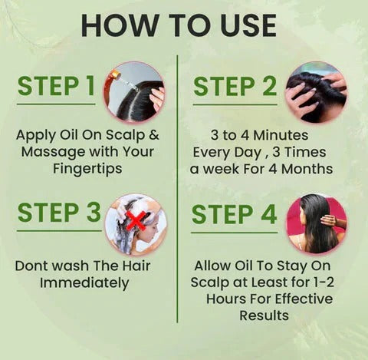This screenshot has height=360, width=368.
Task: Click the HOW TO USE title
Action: pyautogui.click(x=178, y=25)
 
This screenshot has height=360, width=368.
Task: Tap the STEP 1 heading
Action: pyautogui.click(x=57, y=86)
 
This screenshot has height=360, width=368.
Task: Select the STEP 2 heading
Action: pyautogui.click(x=235, y=86)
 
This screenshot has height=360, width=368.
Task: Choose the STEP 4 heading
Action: pyautogui.click(x=235, y=213)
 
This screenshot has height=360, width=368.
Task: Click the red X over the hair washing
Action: pyautogui.click(x=136, y=222)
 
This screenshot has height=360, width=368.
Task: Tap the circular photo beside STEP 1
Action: pyautogui.click(x=134, y=91)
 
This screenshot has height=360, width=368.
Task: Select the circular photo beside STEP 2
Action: pyautogui.click(x=315, y=91)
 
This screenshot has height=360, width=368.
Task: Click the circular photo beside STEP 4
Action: pyautogui.click(x=315, y=223)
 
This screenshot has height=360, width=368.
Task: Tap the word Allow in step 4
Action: pyautogui.click(x=213, y=266)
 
